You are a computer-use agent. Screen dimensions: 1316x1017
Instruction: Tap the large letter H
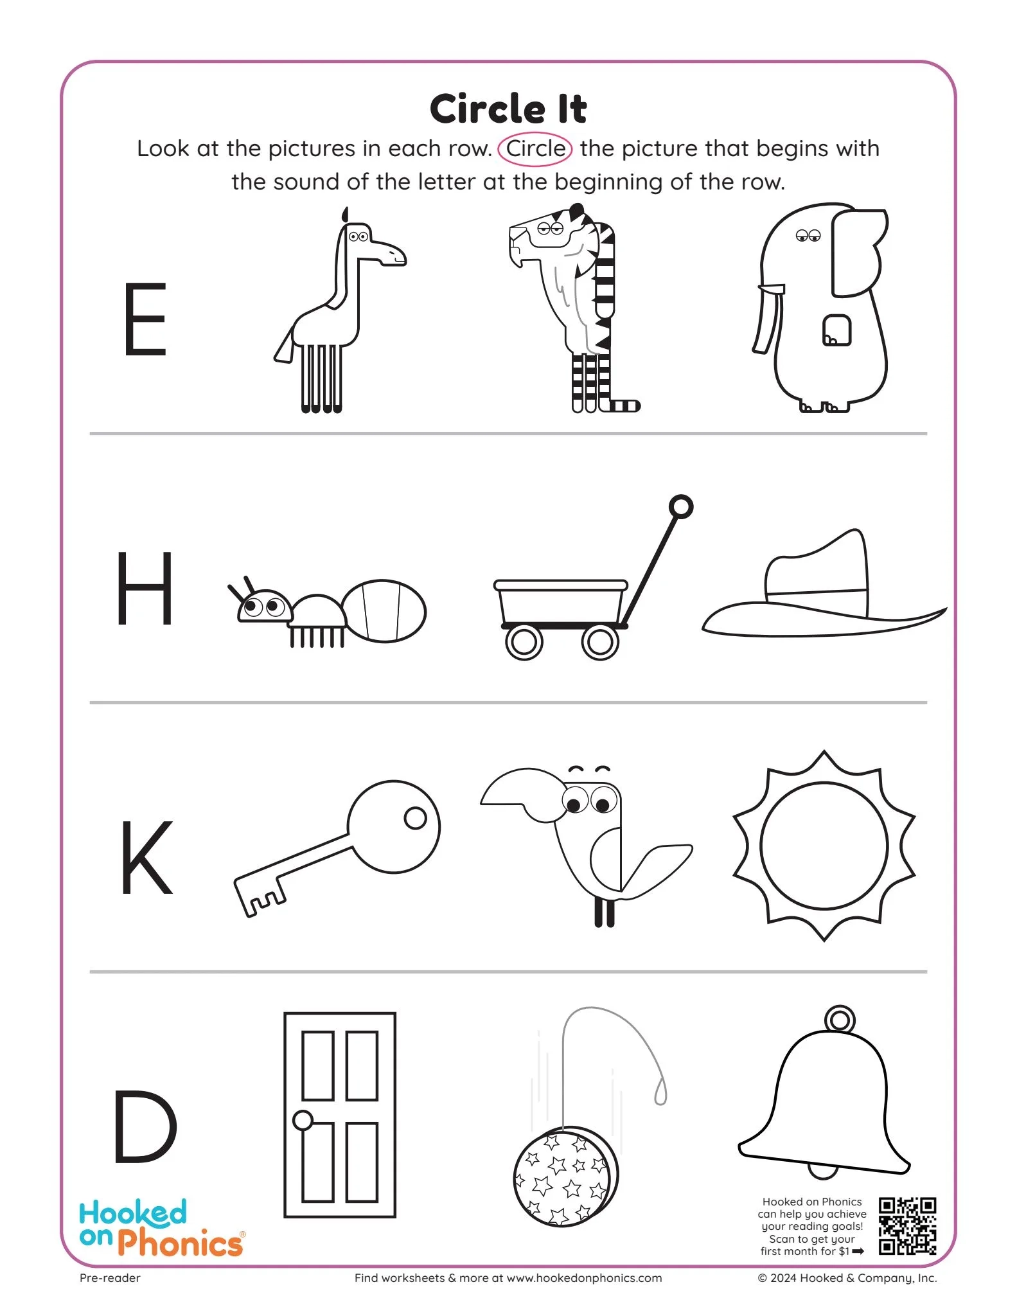point(145,587)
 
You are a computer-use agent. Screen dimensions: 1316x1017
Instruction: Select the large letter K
point(146,857)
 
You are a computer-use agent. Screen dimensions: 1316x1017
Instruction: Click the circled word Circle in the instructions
point(535,149)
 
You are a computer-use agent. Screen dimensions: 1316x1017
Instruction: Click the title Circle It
point(508,109)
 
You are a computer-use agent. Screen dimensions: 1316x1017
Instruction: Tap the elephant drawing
point(822,308)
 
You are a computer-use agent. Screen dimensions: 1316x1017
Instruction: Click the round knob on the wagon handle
point(681,506)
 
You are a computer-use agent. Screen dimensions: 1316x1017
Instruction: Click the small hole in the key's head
point(415,817)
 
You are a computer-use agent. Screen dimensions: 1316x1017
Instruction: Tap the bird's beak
point(520,790)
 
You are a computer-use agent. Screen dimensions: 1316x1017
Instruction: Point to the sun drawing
point(824,846)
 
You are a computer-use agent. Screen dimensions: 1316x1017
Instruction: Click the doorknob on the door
point(303,1120)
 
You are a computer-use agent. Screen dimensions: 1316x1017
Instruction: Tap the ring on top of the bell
point(839,1019)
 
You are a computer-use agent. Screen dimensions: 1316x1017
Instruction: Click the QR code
point(907,1225)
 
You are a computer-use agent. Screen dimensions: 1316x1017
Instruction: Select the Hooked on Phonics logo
point(161,1227)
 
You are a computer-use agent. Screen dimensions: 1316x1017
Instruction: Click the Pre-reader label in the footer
point(110,1278)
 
